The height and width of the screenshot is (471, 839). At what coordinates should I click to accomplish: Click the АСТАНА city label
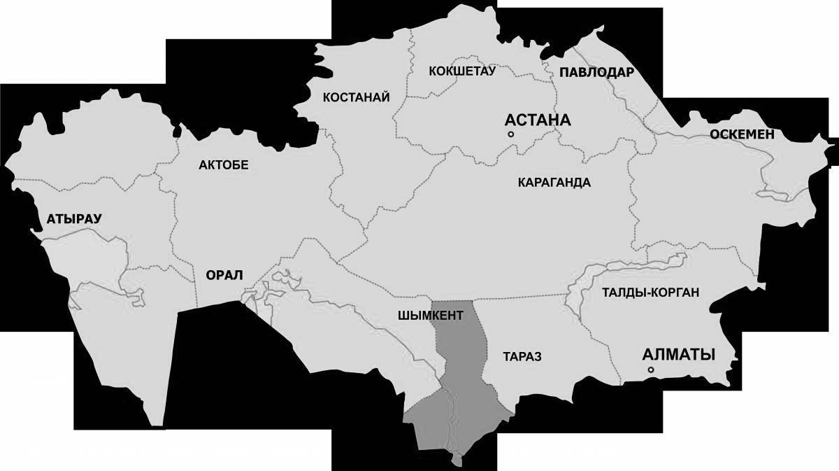tap(538, 120)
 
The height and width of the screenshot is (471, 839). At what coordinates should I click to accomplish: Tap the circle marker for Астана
tap(511, 134)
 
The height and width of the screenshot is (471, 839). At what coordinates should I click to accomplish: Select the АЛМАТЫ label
tap(678, 354)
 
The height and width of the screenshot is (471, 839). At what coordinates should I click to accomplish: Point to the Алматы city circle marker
tap(650, 370)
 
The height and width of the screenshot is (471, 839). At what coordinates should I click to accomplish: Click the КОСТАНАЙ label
tap(356, 97)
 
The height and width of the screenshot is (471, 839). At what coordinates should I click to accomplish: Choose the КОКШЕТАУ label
tap(461, 71)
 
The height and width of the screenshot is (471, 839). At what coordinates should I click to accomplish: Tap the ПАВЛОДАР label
tap(596, 72)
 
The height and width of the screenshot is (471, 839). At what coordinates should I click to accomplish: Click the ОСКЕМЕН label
tap(742, 134)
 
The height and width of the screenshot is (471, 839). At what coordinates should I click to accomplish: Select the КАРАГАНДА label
tap(554, 183)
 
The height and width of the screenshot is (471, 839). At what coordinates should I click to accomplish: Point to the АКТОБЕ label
tap(224, 164)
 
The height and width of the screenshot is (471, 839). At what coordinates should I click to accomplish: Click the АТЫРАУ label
tap(74, 218)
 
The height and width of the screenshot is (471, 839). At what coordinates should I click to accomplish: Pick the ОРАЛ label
tap(224, 275)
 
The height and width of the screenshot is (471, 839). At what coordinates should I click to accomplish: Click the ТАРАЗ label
tap(522, 356)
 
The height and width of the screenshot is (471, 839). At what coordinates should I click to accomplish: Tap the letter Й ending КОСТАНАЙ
tap(385, 97)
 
